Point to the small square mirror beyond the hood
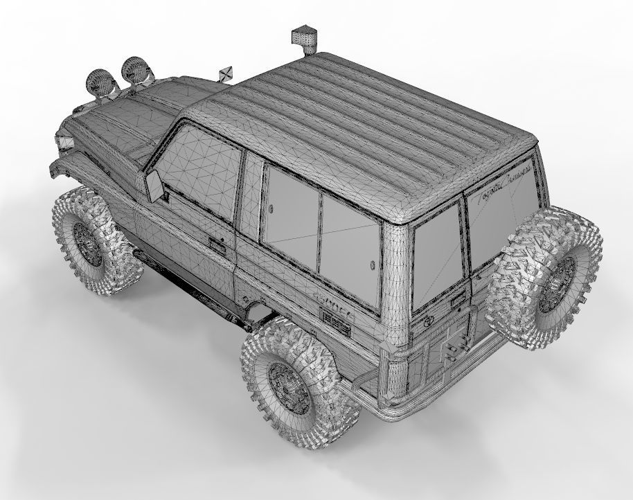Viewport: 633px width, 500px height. [225, 73]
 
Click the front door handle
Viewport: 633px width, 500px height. [217, 244]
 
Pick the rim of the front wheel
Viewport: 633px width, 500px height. [89, 244]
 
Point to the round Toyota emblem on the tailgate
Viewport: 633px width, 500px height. [428, 320]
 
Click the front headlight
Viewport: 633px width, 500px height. [66, 143]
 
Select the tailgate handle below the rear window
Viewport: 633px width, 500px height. [457, 299]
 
